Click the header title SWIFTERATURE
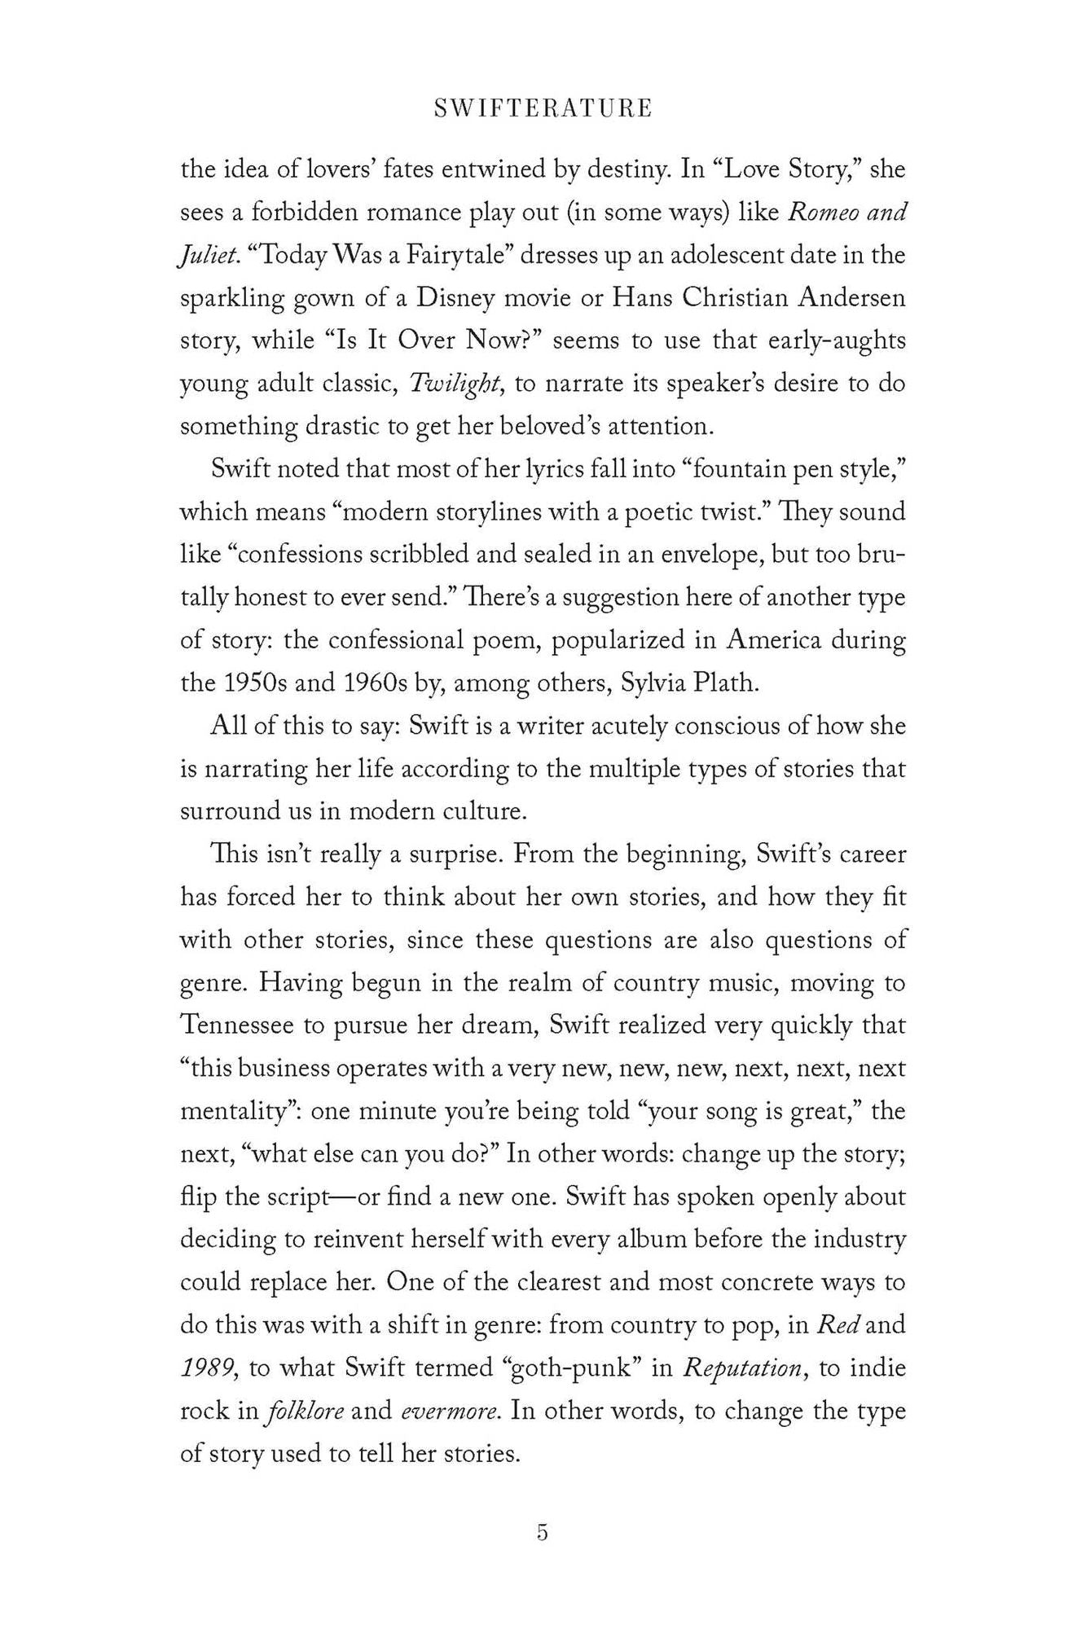(x=543, y=109)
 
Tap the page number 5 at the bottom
(x=543, y=1532)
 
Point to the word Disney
(x=455, y=298)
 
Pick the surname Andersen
(x=851, y=298)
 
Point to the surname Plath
(x=727, y=683)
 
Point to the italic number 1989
(x=209, y=1368)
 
